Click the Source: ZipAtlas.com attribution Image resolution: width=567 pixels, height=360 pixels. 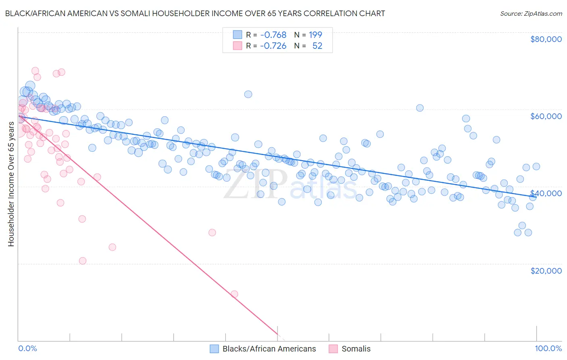(x=531, y=13)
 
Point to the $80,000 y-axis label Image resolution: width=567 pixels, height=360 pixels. (x=546, y=39)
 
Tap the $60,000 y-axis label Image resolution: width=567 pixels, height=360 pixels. (x=546, y=116)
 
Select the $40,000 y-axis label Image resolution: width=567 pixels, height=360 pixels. (x=546, y=193)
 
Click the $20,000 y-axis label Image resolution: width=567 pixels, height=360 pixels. (x=546, y=270)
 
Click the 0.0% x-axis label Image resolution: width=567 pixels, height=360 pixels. (x=27, y=348)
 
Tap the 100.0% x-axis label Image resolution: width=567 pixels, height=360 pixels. (x=548, y=348)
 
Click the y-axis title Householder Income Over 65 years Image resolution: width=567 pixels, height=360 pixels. (x=11, y=184)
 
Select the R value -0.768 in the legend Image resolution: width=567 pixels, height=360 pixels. (x=273, y=35)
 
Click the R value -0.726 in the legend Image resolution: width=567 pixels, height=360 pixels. (x=273, y=46)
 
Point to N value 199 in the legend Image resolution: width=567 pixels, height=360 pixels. (x=315, y=35)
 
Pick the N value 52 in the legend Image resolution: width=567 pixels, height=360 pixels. (x=317, y=46)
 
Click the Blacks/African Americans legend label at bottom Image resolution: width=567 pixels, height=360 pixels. (x=269, y=349)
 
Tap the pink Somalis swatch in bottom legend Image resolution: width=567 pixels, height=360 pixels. (x=333, y=349)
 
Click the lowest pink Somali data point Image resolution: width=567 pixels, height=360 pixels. (x=234, y=294)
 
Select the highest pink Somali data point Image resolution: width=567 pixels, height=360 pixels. (x=35, y=71)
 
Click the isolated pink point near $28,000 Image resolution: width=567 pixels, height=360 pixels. (x=212, y=232)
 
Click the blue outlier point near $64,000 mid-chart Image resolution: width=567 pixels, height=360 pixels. (x=248, y=94)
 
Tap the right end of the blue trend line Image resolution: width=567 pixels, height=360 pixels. (x=536, y=196)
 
